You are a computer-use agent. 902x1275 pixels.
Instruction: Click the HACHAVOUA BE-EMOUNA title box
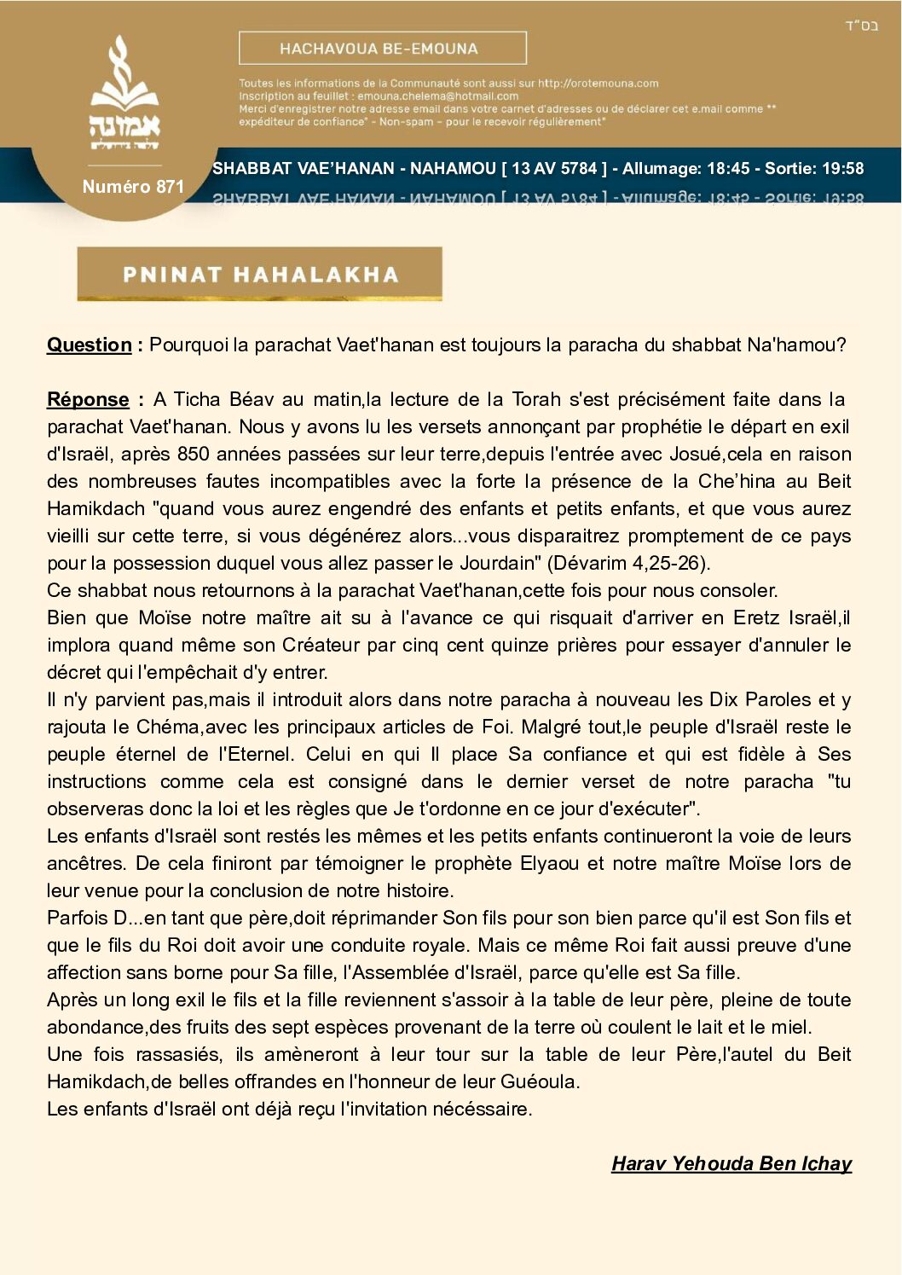pyautogui.click(x=382, y=49)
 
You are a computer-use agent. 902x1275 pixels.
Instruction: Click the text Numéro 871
pyautogui.click(x=133, y=187)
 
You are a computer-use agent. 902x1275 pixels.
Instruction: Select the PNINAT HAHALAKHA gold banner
pyautogui.click(x=259, y=274)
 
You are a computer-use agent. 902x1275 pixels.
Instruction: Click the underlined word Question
pyautogui.click(x=90, y=345)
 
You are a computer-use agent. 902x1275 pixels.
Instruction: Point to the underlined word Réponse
pyautogui.click(x=88, y=399)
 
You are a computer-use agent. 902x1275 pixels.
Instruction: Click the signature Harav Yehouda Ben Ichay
pyautogui.click(x=731, y=1163)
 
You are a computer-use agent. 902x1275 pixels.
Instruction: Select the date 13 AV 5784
pyautogui.click(x=554, y=169)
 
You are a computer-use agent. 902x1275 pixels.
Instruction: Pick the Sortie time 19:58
pyautogui.click(x=841, y=169)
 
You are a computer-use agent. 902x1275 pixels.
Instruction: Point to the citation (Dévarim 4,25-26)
pyautogui.click(x=628, y=563)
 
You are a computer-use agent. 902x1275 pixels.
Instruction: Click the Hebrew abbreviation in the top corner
pyautogui.click(x=861, y=26)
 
